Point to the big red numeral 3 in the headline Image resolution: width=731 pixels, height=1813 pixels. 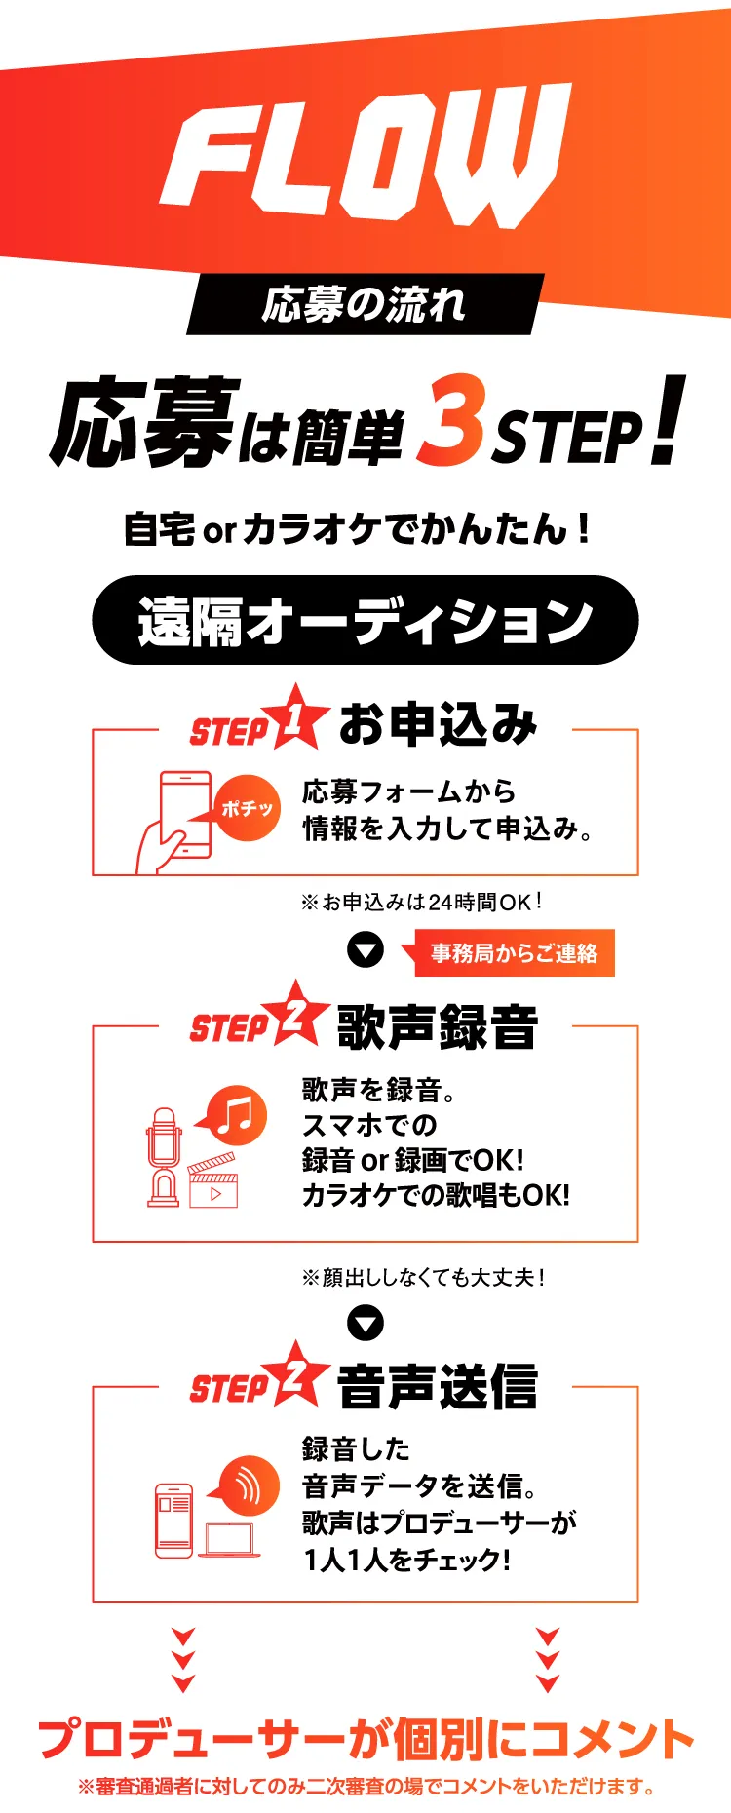point(450,420)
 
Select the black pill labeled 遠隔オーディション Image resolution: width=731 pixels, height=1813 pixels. point(365,620)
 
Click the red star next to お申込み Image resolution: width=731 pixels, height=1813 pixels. point(296,718)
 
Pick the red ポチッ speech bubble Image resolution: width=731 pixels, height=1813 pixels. point(244,808)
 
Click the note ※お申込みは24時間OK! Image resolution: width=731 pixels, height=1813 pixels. point(421,902)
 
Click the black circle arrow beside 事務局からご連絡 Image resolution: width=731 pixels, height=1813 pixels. point(365,950)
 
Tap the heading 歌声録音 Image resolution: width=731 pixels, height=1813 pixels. point(438,1026)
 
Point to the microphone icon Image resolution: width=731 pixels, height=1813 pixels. point(164,1156)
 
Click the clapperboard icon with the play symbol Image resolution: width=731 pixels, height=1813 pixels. point(212,1180)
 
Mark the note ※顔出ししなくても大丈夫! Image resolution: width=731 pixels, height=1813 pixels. point(423,1277)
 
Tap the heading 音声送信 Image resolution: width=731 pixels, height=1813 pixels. point(438,1386)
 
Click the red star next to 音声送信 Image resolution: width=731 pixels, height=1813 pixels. point(296,1374)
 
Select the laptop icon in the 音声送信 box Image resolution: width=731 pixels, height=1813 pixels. point(229,1538)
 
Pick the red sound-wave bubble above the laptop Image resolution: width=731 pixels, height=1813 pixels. point(244,1487)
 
